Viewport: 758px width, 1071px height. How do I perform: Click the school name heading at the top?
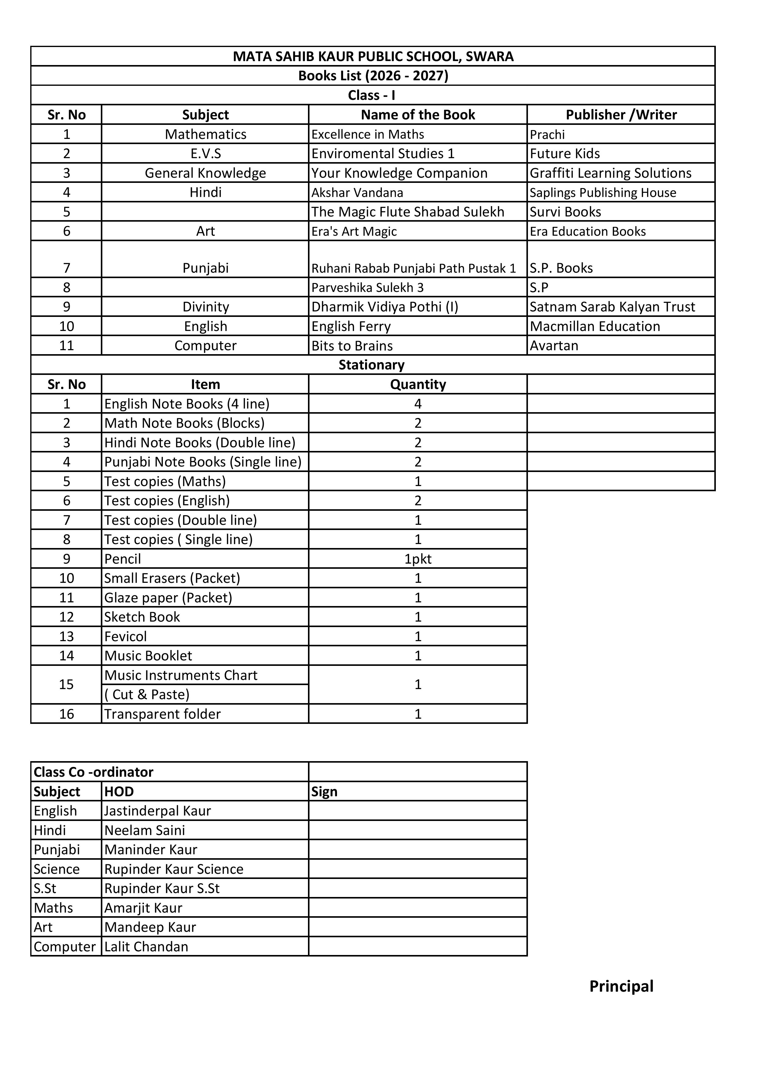373,56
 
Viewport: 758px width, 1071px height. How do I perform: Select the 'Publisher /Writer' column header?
621,115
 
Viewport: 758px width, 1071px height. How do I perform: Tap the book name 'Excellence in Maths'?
368,134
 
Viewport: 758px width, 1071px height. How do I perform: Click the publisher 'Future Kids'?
565,154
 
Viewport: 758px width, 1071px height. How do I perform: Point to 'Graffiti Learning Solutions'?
610,173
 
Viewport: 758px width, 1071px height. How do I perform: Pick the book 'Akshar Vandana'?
357,193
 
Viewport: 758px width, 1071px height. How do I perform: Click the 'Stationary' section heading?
372,365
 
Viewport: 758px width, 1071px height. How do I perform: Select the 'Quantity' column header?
418,384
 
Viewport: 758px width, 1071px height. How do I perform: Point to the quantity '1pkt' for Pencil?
418,559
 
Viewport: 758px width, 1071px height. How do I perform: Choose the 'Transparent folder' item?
163,714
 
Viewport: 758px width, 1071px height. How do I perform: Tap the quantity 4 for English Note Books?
418,404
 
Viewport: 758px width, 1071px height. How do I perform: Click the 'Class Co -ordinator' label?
93,772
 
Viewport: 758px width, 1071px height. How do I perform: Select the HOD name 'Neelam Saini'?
145,830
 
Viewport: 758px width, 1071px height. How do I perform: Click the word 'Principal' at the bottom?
621,986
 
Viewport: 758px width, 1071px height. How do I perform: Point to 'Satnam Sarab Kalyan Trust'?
612,307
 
